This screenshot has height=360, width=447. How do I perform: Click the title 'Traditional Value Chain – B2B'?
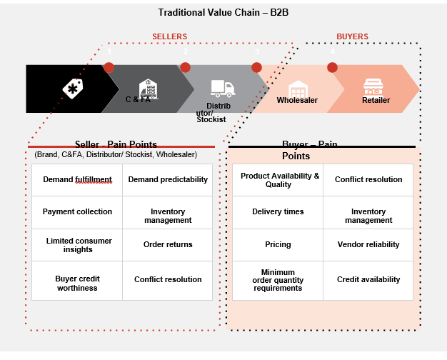(223, 13)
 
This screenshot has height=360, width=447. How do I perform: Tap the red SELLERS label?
(170, 36)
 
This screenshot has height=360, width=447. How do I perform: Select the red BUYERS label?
(352, 36)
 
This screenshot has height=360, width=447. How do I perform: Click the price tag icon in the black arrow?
(73, 89)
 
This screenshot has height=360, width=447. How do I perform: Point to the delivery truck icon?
(223, 89)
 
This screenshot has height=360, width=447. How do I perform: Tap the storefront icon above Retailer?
(373, 86)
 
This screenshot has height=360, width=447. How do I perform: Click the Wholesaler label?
(297, 100)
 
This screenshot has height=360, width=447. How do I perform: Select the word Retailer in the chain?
(376, 100)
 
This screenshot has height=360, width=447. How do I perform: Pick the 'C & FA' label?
(138, 99)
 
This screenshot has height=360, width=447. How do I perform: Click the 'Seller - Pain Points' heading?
(116, 144)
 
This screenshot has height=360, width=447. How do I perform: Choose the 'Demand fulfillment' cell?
(77, 180)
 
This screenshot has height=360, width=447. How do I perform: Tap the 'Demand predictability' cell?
(168, 180)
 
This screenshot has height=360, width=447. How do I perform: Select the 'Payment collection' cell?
(77, 212)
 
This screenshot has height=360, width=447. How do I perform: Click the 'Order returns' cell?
(168, 245)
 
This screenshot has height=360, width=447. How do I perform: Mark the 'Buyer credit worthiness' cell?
(77, 281)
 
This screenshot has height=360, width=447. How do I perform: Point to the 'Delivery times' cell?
(278, 212)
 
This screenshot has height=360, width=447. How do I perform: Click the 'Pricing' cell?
(278, 245)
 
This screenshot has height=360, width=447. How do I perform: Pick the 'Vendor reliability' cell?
(368, 245)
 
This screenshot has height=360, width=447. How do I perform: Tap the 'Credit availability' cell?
(368, 281)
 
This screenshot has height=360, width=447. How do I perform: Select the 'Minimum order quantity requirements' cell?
(278, 281)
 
